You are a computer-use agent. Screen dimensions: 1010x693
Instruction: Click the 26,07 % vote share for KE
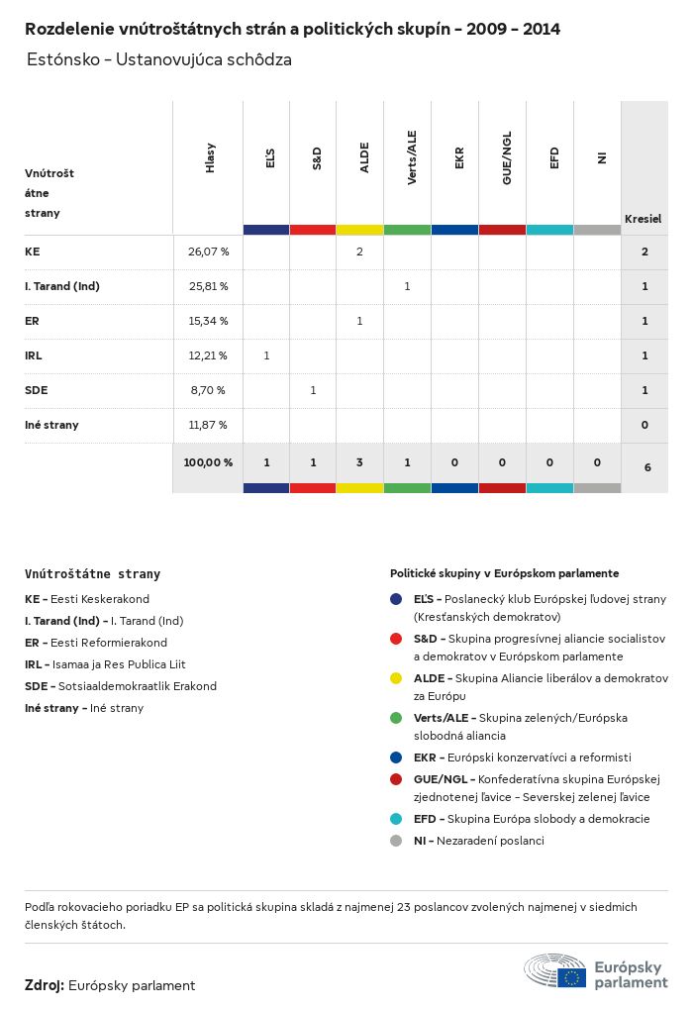[208, 252]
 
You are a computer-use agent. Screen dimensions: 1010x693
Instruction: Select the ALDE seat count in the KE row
[359, 252]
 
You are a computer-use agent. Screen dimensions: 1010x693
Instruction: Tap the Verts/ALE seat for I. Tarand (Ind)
[407, 286]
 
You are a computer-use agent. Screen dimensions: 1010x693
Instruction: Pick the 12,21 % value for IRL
[208, 355]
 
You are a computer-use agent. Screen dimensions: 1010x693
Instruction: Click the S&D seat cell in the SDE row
[313, 390]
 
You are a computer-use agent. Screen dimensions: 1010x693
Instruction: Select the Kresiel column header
[643, 218]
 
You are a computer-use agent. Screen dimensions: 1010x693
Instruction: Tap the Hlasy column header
[210, 159]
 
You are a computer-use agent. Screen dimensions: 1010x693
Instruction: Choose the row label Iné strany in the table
[51, 425]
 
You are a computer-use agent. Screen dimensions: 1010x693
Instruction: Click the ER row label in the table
[32, 321]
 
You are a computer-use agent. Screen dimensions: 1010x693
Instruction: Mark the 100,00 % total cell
[208, 461]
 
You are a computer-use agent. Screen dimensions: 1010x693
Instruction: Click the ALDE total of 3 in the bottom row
[359, 461]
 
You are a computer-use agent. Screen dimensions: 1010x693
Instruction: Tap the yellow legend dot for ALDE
[396, 678]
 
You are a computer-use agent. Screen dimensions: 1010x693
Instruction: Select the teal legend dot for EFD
[396, 819]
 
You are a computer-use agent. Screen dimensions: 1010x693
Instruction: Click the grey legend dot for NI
[396, 841]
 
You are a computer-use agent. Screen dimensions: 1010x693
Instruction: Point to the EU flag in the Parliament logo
[571, 977]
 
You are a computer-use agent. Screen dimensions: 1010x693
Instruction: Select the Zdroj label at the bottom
[45, 985]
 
